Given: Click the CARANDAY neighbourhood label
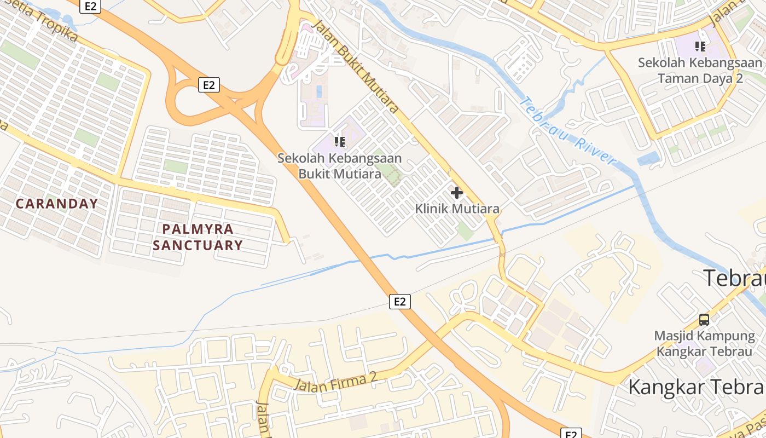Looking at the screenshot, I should [x=57, y=204].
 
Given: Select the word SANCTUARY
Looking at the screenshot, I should [x=198, y=245].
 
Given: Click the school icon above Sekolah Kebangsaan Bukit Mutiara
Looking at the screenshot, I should [x=340, y=142].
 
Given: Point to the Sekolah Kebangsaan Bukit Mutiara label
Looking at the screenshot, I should [x=339, y=166].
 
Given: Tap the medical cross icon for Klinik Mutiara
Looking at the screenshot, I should [x=456, y=193].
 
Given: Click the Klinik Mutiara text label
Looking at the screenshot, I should [x=457, y=209].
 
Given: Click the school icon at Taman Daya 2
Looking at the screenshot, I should [x=700, y=47].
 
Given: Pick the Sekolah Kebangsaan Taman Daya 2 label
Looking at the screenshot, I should [x=700, y=70].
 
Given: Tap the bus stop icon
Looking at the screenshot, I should [x=704, y=319].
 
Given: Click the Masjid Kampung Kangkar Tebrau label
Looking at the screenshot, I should [x=704, y=343].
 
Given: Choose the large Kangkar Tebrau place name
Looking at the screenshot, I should [x=695, y=387].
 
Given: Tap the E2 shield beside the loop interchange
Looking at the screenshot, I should [x=208, y=85].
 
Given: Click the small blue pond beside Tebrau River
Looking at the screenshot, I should [x=649, y=159].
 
